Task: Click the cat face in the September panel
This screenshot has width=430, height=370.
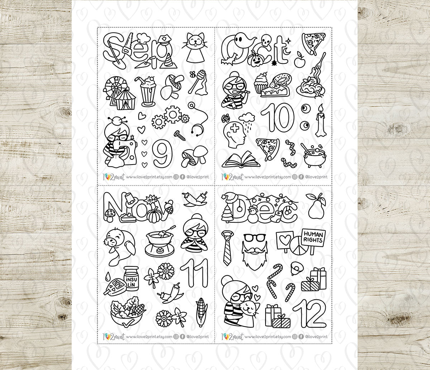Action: (195, 43)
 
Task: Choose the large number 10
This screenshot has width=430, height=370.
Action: (277, 117)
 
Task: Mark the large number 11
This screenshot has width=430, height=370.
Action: (195, 274)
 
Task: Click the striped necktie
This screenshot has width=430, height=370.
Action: (227, 247)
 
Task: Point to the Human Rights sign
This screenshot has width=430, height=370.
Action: (313, 237)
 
